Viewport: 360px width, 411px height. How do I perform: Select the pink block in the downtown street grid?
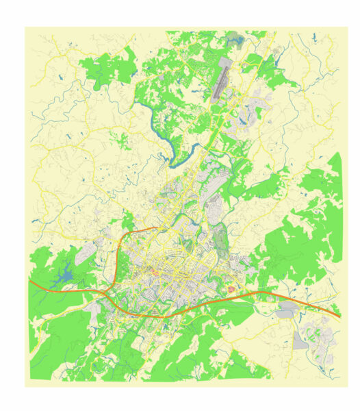click(x=155, y=274)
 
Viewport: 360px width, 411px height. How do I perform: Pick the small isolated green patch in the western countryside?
click(x=120, y=141)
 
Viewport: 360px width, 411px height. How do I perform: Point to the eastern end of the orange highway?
click(x=339, y=316)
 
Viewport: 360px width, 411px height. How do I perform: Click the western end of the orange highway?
click(x=30, y=280)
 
